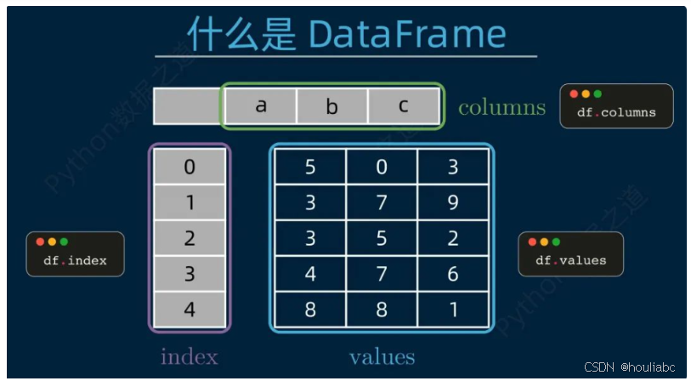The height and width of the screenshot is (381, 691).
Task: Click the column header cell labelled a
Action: tap(260, 106)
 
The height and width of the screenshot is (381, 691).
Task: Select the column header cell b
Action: tap(331, 106)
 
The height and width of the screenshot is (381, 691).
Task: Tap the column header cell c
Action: tap(404, 106)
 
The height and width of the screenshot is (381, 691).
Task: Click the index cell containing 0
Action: tap(190, 167)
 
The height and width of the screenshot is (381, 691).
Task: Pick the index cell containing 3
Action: tap(190, 274)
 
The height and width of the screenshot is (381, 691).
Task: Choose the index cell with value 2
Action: tap(190, 238)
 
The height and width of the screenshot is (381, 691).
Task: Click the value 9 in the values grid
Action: tap(453, 202)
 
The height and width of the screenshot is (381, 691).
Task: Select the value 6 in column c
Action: tap(453, 274)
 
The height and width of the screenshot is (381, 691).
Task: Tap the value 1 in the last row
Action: tap(453, 310)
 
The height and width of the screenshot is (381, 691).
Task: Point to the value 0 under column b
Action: tap(382, 167)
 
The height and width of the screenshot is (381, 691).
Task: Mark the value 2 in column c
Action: tap(453, 238)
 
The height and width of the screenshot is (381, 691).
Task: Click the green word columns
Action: tap(501, 107)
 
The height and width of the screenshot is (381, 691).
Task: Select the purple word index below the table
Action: tap(189, 355)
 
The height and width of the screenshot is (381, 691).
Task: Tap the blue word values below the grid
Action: tap(382, 355)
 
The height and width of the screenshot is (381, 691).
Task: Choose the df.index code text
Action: tap(76, 260)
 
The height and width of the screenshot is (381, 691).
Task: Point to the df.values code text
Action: tap(571, 260)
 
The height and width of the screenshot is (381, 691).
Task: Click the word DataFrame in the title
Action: tap(407, 34)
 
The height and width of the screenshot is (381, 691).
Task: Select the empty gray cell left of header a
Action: tap(187, 106)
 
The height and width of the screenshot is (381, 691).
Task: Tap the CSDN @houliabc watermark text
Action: tap(630, 367)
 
